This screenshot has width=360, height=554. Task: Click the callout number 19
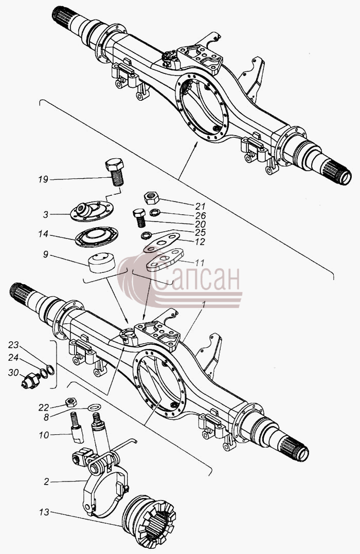43,179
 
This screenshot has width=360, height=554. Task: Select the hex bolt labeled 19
115,172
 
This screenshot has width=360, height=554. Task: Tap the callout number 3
46,214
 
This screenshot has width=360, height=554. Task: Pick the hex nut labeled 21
152,197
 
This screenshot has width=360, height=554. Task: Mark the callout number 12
200,242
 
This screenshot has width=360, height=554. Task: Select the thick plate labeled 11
165,260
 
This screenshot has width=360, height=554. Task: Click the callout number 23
13,345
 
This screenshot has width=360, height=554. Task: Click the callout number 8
46,417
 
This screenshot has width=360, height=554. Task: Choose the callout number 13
45,512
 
